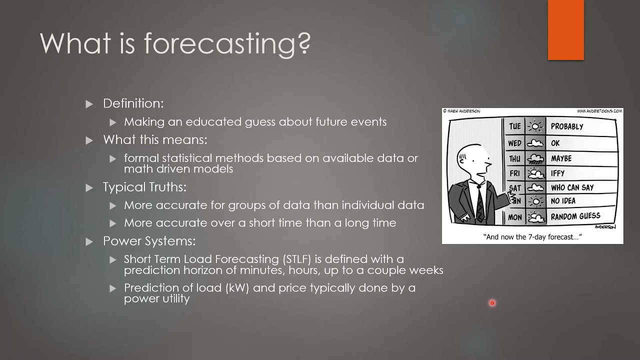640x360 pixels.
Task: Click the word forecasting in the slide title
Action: point(227,43)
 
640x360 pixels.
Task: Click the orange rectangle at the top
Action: point(565,30)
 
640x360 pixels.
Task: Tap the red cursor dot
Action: point(492,302)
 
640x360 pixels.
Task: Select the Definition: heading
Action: point(133,103)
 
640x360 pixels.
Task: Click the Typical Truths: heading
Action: point(144,187)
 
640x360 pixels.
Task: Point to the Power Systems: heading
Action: point(149,241)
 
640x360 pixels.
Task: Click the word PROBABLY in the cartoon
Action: point(567,126)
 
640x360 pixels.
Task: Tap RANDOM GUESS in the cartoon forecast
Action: point(575,216)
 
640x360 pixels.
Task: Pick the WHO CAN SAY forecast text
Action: point(572,187)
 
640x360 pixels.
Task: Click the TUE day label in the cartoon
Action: point(514,126)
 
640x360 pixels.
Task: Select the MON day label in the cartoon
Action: point(514,217)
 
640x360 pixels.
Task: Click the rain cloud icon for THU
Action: point(536,158)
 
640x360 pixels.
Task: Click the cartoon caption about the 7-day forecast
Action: point(532,237)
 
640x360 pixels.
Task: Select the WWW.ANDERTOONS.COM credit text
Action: point(599,111)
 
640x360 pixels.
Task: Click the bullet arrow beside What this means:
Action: point(89,140)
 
